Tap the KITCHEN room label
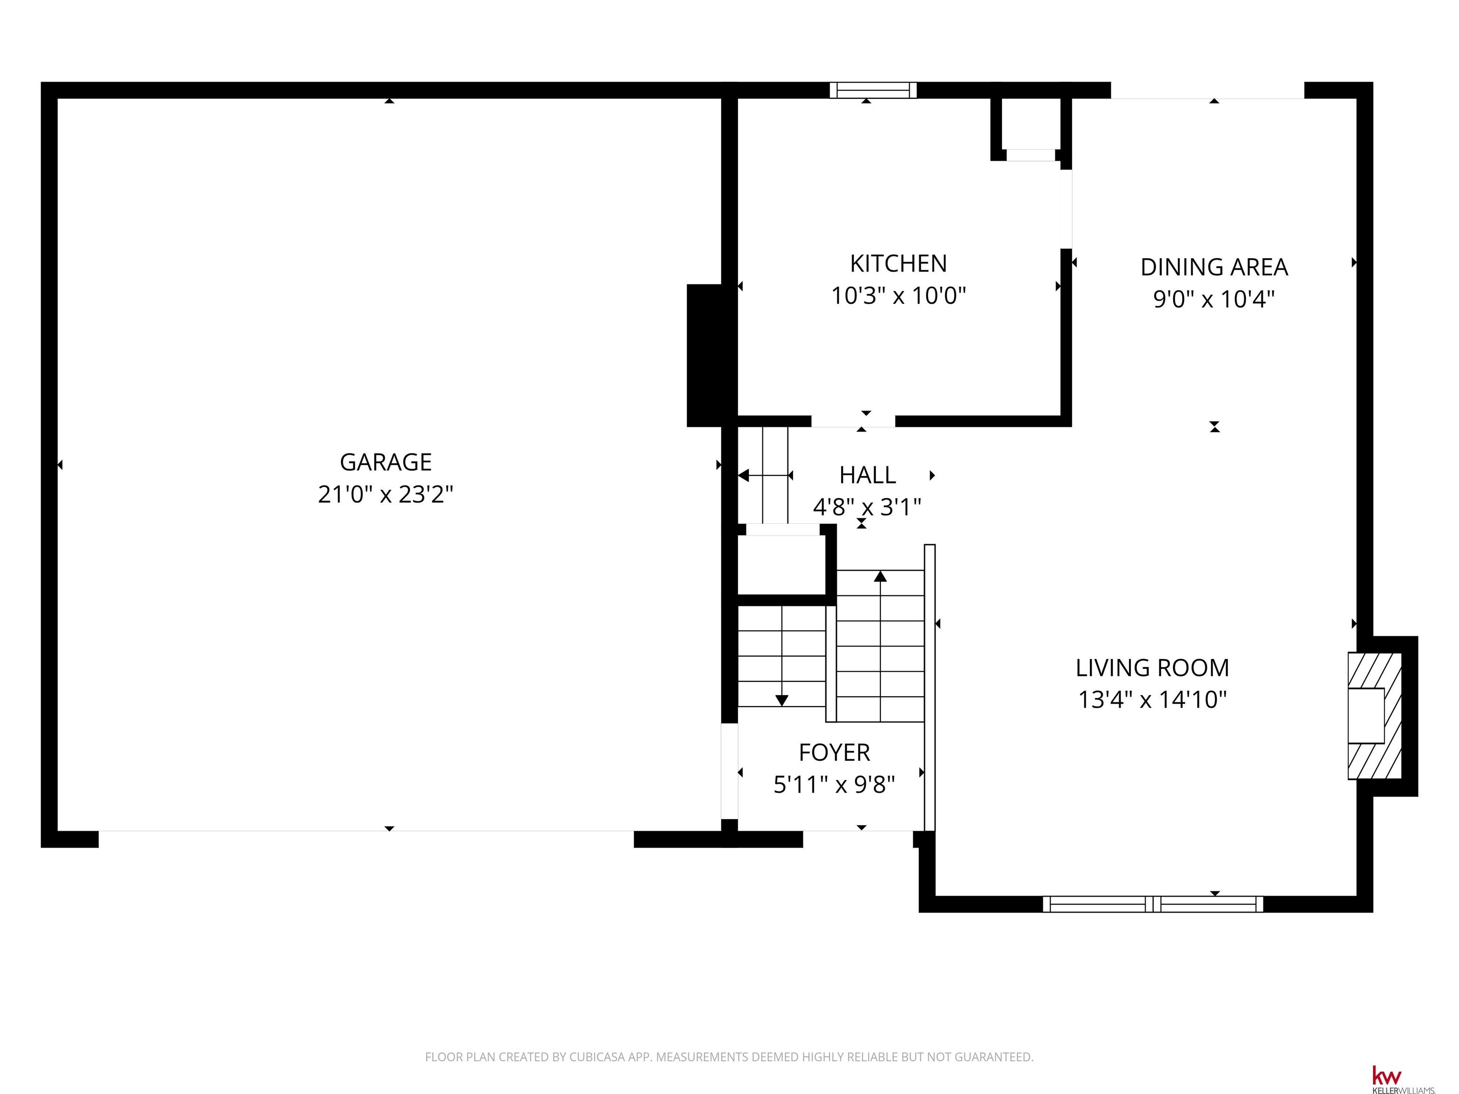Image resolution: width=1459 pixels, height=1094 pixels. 899,264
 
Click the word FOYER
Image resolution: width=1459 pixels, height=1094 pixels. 834,753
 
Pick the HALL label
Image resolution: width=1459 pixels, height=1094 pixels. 867,475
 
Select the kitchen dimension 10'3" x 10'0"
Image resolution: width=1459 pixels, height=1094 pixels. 899,295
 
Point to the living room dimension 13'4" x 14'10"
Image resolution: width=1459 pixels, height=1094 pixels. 1152,699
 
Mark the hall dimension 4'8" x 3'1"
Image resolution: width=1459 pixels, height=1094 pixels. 867,507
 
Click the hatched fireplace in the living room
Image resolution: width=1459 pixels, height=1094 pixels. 1374,716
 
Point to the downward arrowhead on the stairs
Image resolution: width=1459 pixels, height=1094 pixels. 782,700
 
